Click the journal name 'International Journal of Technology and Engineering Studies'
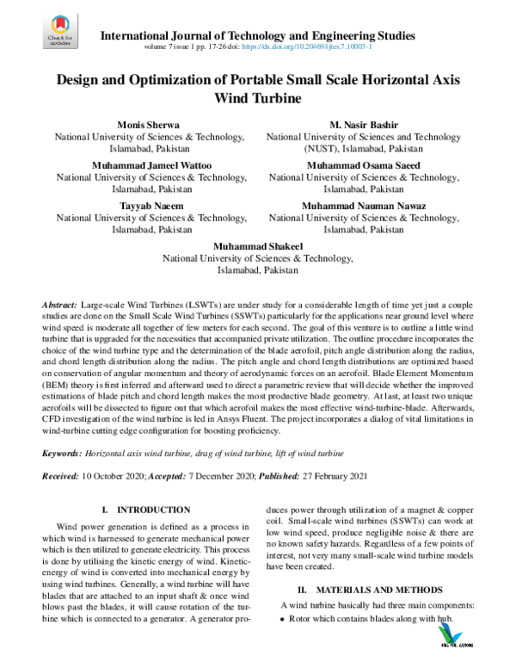258,36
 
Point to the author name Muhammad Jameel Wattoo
150,165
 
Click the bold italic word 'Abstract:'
59,306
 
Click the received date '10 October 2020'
114,476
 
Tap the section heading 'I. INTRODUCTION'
145,510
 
